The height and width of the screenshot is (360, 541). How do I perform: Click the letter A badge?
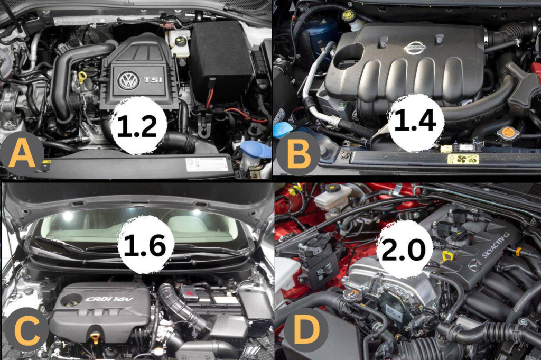[x=22, y=154]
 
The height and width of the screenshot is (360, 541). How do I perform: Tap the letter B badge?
[x=298, y=153]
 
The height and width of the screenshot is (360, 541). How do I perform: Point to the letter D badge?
[x=306, y=329]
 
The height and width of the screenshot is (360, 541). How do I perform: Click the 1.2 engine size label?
[x=137, y=125]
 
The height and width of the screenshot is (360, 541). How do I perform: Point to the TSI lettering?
[x=153, y=80]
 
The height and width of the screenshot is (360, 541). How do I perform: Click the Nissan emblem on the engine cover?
[x=414, y=48]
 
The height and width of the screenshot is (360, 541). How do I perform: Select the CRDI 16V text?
[x=109, y=299]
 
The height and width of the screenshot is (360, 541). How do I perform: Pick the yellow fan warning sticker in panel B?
[x=463, y=159]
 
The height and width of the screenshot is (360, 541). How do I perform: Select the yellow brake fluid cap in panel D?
[x=334, y=189]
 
